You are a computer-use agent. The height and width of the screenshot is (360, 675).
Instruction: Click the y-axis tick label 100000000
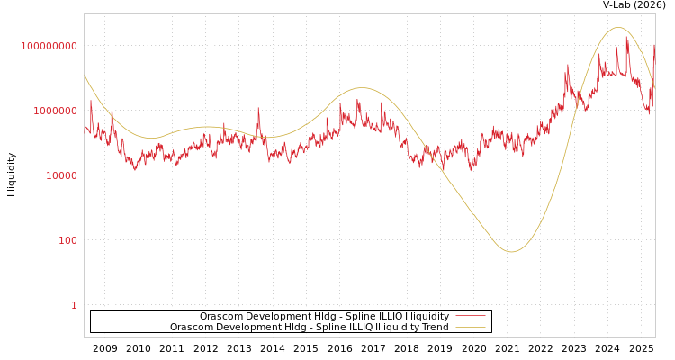[49, 46]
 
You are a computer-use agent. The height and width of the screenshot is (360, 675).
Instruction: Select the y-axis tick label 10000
[61, 175]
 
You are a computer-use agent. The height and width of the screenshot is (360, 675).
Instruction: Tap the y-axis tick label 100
[68, 240]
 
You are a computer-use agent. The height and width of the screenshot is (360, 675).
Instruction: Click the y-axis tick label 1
[74, 305]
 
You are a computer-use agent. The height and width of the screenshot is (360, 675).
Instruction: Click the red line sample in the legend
[470, 316]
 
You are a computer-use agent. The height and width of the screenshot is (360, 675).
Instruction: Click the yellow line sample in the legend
[470, 327]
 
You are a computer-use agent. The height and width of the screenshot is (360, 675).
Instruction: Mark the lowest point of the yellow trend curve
[511, 251]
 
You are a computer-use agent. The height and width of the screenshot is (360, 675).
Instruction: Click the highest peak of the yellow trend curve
[618, 28]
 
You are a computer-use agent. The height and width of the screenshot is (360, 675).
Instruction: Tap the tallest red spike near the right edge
[627, 37]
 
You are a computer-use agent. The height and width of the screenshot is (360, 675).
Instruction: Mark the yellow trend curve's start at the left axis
[85, 76]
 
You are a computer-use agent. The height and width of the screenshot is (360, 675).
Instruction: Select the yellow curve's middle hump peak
[361, 88]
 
